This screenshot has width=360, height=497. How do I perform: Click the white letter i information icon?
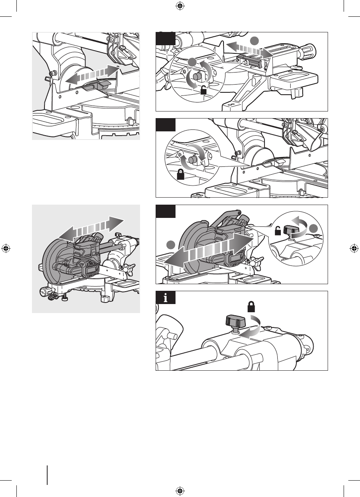pos(166,299)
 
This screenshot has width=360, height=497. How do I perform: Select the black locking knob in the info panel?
pos(234,322)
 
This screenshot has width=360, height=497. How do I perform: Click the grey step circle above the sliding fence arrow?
pos(254,40)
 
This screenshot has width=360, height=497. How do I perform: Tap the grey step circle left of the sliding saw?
pos(169,245)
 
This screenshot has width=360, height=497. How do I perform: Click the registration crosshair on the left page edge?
pos(6,248)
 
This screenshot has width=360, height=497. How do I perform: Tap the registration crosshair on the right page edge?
pos(354,248)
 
